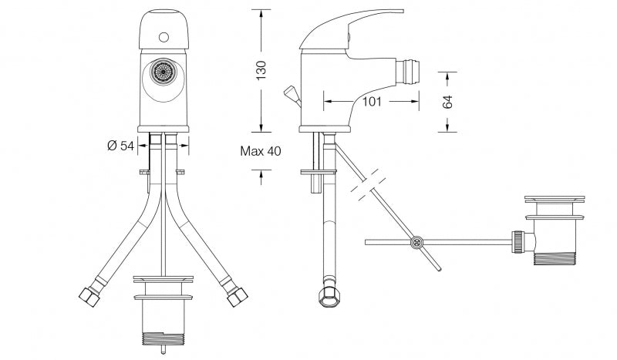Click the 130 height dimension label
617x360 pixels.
[261, 70]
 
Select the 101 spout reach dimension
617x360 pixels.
[372, 101]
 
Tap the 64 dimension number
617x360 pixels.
[447, 102]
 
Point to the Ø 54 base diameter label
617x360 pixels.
[120, 146]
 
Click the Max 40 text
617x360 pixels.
[261, 151]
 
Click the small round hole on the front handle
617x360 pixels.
[164, 38]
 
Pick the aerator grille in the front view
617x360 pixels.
[163, 72]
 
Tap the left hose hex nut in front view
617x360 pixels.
[89, 297]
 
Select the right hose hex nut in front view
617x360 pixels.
[237, 297]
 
